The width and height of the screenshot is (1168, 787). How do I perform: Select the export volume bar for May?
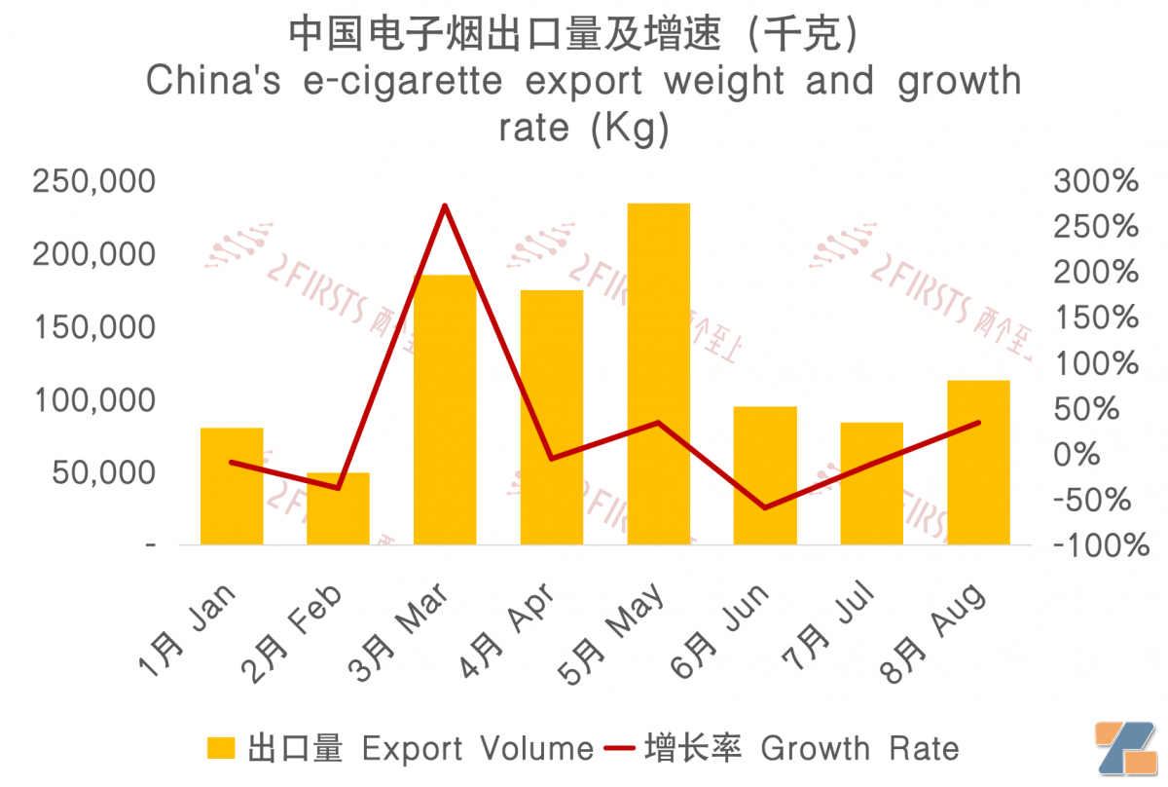658,374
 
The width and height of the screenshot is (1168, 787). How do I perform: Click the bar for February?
339,508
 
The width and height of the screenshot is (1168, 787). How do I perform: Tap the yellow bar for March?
445,409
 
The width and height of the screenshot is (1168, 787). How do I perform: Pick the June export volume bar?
765,475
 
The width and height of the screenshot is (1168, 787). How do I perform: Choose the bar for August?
978,462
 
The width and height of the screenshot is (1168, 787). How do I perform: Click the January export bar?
232,486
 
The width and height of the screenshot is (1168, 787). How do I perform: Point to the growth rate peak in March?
445,206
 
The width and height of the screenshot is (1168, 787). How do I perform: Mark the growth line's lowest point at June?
765,507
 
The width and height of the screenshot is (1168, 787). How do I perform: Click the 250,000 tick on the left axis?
93,181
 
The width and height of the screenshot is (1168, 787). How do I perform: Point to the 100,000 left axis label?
93,400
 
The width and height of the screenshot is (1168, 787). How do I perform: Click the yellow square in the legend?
221,748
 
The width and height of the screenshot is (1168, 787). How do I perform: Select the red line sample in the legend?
619,748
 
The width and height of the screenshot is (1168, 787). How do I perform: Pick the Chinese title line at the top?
574,35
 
